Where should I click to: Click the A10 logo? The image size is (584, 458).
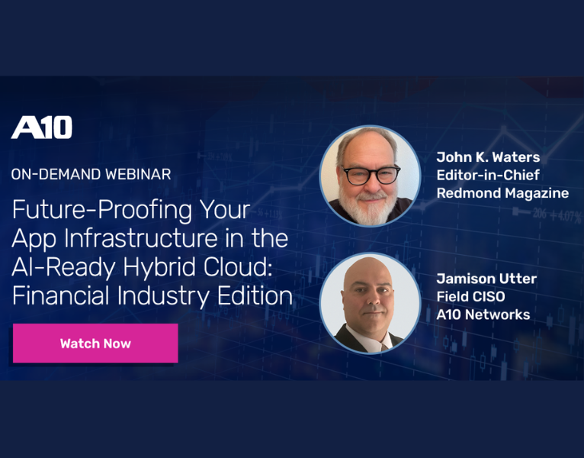pyautogui.click(x=42, y=127)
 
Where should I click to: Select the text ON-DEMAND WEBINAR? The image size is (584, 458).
pyautogui.click(x=91, y=174)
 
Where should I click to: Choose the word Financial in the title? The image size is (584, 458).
pyautogui.click(x=60, y=295)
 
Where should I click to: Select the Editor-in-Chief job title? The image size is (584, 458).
pyautogui.click(x=488, y=175)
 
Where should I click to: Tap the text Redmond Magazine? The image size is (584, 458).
pyautogui.click(x=502, y=193)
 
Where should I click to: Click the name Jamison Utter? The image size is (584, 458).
pyautogui.click(x=486, y=279)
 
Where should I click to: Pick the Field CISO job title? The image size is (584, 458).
pyautogui.click(x=470, y=296)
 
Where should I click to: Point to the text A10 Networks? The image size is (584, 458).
pyautogui.click(x=483, y=314)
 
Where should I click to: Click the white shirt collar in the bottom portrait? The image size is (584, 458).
pyautogui.click(x=370, y=340)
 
